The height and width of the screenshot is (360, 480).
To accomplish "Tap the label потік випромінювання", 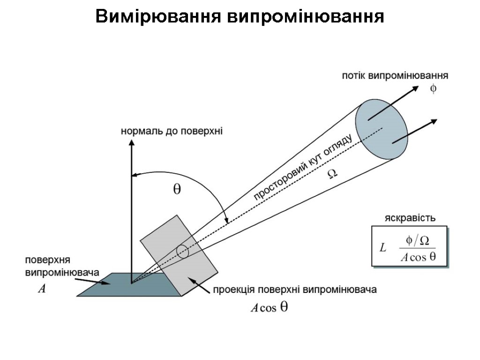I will pos(395,75).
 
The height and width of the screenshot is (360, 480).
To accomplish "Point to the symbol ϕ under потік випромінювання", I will pos(433,89).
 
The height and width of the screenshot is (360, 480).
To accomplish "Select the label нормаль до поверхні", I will pos(172,131).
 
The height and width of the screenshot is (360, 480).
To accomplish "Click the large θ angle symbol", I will pos(177,189).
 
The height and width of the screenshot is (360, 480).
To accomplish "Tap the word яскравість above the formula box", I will pos(410,218).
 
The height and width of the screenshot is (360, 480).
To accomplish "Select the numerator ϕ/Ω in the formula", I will pos(417,240).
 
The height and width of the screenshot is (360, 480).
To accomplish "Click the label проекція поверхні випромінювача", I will pos(295,290).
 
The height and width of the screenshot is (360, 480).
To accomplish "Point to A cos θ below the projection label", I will pos(269,308).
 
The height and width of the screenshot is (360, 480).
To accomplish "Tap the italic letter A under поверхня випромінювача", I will pos(42,290).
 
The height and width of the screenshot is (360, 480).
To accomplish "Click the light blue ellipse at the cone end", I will pos(381,129).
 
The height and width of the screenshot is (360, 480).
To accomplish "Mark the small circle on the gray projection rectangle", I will pos(182,252).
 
